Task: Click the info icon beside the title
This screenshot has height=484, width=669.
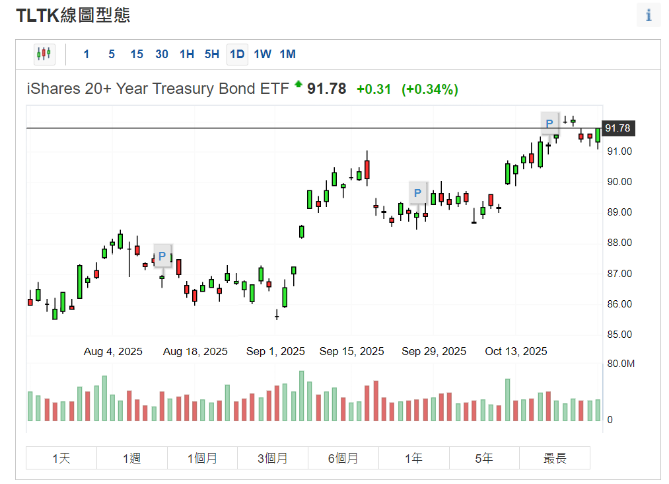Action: pos(649,15)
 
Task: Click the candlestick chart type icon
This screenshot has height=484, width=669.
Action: pos(44,54)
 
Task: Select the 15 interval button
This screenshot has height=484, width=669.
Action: pos(137,54)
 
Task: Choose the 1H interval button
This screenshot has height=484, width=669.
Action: pos(187,54)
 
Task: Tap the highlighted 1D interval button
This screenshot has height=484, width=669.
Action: pos(236,54)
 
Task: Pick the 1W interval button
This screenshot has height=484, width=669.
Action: pos(262,54)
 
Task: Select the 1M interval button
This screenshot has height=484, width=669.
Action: pos(287,54)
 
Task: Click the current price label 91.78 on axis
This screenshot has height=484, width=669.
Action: pos(618,128)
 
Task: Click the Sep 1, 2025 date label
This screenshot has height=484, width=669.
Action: pos(275,351)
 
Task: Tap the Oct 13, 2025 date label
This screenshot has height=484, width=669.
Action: pos(516,351)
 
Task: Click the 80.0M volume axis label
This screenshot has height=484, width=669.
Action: pos(620,364)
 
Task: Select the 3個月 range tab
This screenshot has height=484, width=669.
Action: pos(273,458)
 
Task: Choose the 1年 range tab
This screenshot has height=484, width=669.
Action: pos(414,458)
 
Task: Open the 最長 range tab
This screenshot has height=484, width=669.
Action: pos(555,458)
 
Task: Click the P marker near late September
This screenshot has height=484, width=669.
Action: pos(417,194)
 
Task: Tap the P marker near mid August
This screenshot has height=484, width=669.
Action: pos(162,256)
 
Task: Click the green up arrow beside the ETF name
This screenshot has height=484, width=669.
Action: pos(299,84)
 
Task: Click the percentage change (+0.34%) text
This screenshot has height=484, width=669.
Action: pos(430,89)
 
